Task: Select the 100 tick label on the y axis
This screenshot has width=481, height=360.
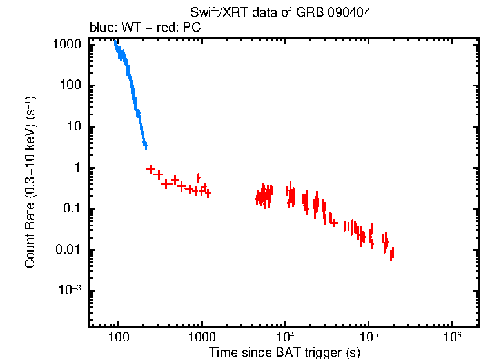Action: [71, 86]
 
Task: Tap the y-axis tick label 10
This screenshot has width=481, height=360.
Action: [74, 127]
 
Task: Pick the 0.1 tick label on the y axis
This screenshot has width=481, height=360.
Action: [72, 209]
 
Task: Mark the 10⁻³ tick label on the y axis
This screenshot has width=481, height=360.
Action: [68, 290]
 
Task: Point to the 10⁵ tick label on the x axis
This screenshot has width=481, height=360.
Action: [368, 337]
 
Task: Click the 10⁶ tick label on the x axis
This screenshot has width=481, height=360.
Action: [451, 337]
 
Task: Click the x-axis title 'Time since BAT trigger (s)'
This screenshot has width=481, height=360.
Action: [284, 352]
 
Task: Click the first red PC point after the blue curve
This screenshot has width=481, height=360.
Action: [151, 169]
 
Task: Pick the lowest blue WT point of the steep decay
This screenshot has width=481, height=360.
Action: [146, 146]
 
